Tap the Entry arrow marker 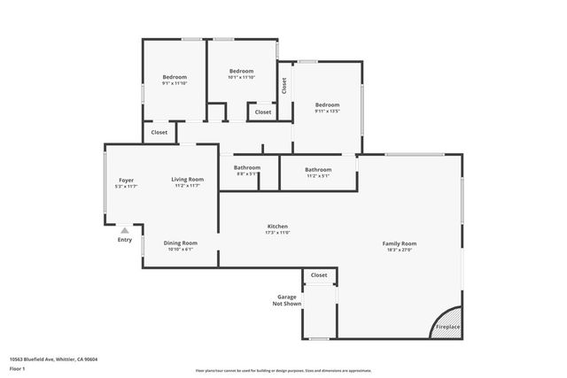(125, 230)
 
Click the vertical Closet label (283, 86)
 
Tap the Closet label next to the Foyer (159, 132)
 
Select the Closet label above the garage (319, 275)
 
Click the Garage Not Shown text (287, 300)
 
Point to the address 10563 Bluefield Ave (53, 359)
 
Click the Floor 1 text (18, 367)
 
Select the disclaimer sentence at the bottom (283, 369)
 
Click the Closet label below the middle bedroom (263, 112)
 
